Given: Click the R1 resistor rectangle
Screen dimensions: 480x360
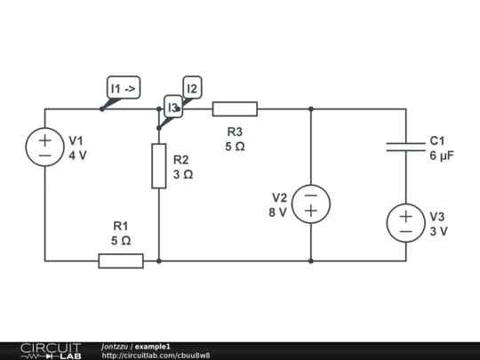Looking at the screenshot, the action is (x=121, y=260).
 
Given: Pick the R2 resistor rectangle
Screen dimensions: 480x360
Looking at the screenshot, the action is (x=159, y=166).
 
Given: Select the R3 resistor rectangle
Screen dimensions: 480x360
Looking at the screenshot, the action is (x=235, y=109).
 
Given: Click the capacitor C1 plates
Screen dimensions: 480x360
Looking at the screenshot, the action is (x=406, y=147).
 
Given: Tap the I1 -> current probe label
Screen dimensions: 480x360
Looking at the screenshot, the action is (x=124, y=88).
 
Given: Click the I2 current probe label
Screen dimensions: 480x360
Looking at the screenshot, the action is (x=192, y=88).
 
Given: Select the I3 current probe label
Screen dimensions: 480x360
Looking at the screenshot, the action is (x=173, y=107).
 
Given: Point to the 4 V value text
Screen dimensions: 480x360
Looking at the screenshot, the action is (x=77, y=156).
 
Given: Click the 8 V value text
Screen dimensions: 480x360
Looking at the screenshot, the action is (x=277, y=212).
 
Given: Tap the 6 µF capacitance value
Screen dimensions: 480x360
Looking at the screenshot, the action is (x=442, y=156).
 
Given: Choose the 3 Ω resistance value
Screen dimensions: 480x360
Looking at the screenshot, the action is (x=183, y=175).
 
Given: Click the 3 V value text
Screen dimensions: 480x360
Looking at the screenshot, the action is (x=439, y=231).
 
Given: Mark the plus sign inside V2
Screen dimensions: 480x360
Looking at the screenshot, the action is (x=311, y=211).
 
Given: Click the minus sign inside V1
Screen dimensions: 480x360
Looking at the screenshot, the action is (x=44, y=156).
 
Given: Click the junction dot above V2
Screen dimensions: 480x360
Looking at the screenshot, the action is (x=311, y=109).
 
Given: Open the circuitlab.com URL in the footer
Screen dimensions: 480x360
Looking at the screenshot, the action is (x=156, y=356).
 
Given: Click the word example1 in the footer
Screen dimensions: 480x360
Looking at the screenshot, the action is (x=153, y=347).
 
